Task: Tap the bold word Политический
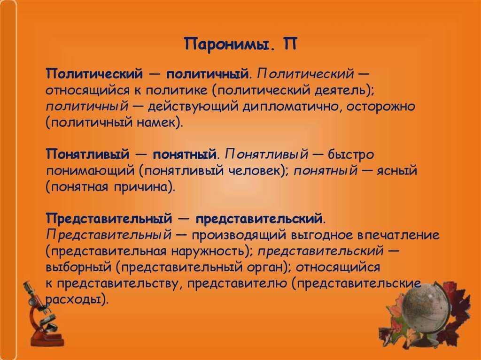coord(94,74)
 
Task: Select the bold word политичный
coord(207,74)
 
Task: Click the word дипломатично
coord(291,107)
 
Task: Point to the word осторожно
coord(380,107)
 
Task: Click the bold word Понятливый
coord(88,154)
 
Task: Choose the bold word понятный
coord(185,154)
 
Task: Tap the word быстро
coord(351,154)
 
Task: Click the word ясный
coord(397,170)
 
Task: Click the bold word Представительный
coord(109,219)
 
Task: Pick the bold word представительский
coord(259,219)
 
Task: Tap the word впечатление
coord(398,235)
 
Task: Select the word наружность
coord(209,251)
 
